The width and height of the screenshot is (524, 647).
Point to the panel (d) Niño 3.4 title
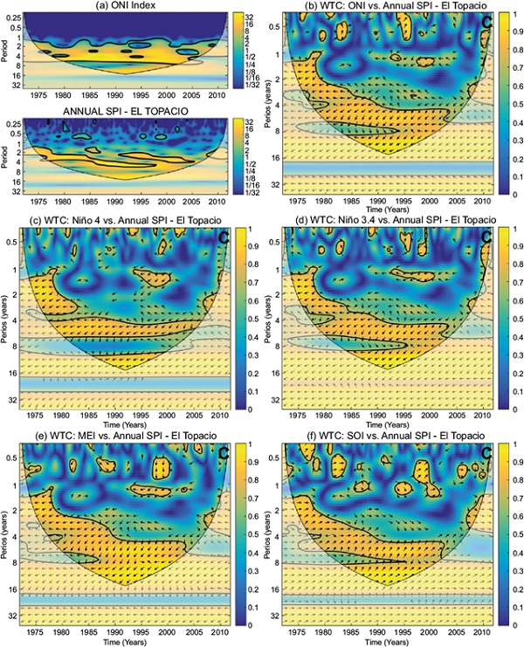tap(384, 218)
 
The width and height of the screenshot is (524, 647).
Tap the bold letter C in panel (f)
tap(486, 453)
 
